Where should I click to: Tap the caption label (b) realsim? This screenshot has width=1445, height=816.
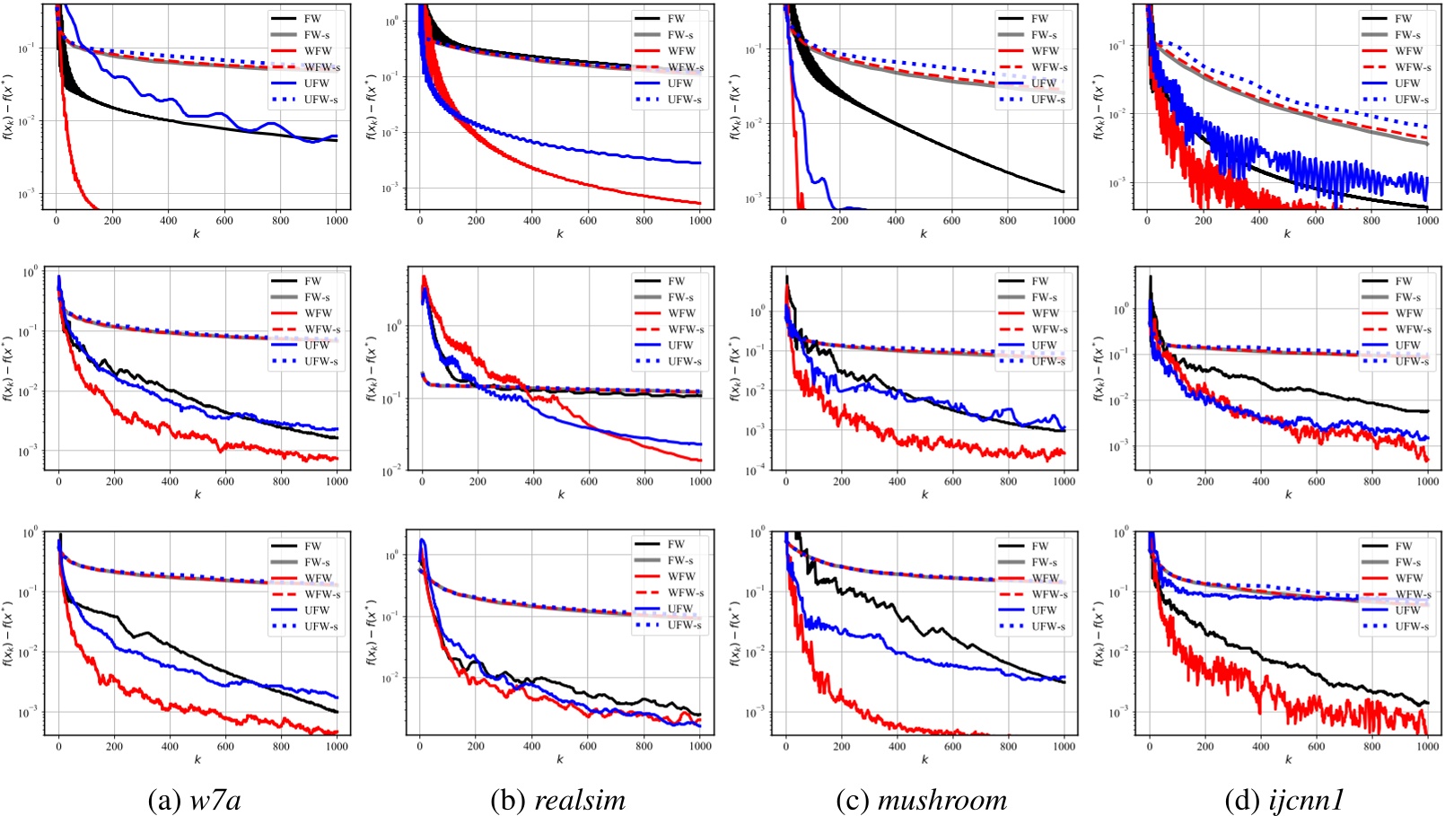coord(557,800)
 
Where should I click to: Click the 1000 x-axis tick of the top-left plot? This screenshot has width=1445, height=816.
coord(337,220)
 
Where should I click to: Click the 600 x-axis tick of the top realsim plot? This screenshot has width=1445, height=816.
coord(589,220)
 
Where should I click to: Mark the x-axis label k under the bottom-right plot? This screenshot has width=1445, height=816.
coord(1288,759)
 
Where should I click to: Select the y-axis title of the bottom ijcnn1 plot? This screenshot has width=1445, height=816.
coord(1099,634)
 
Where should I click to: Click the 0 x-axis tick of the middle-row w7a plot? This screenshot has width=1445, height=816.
coord(58,482)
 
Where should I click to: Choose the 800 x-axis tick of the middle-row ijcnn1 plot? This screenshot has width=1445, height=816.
coord(1372,482)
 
